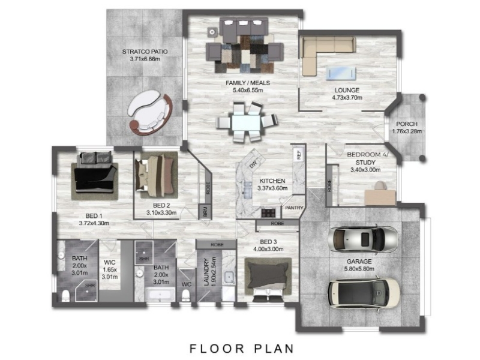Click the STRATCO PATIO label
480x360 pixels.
(x=145, y=52)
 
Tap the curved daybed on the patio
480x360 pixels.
(x=150, y=112)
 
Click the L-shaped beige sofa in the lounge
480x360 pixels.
(x=325, y=49)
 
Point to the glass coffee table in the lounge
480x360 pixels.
(x=341, y=73)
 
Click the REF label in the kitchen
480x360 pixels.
(x=299, y=155)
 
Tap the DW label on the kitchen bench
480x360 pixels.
(x=253, y=164)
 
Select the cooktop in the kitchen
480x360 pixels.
(x=268, y=213)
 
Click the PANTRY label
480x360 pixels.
(x=294, y=208)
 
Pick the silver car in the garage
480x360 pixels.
(x=363, y=239)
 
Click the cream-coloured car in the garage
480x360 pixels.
(x=364, y=293)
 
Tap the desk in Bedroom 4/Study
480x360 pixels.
(x=380, y=197)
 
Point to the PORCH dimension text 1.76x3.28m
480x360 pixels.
(x=407, y=131)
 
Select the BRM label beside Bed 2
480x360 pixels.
(x=205, y=212)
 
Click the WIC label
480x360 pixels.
(x=110, y=262)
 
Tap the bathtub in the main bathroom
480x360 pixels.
(x=160, y=294)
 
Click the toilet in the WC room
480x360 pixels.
(x=186, y=295)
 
